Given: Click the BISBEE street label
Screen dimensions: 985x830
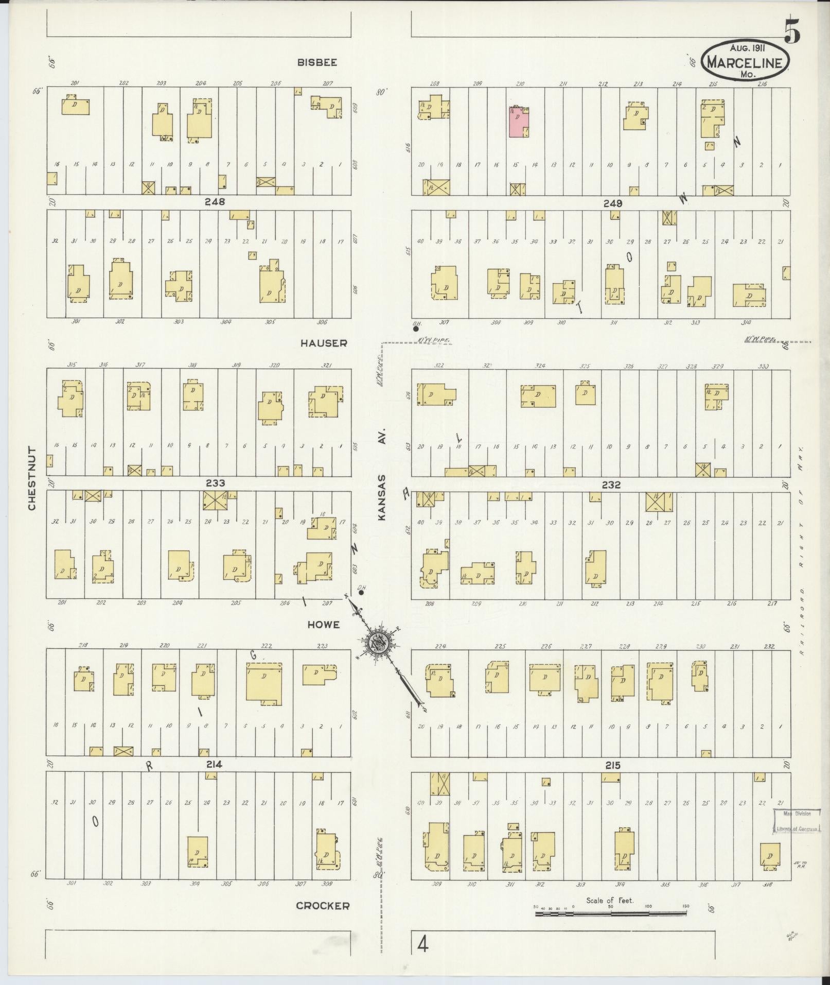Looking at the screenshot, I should pyautogui.click(x=316, y=62).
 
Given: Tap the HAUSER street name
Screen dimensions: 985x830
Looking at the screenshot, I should pyautogui.click(x=324, y=343).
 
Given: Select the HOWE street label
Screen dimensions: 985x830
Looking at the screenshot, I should pyautogui.click(x=323, y=625).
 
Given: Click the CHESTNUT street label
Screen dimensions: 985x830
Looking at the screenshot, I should pyautogui.click(x=32, y=478).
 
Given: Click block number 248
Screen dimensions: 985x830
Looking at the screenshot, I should pyautogui.click(x=215, y=202).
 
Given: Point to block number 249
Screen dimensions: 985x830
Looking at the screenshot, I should pyautogui.click(x=613, y=203).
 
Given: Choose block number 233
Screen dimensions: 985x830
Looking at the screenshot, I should pyautogui.click(x=215, y=483).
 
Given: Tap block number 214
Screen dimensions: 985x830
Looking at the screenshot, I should pyautogui.click(x=214, y=765).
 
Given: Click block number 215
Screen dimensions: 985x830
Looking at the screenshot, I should pyautogui.click(x=612, y=766).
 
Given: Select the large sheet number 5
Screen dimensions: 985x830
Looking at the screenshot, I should pyautogui.click(x=792, y=32).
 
